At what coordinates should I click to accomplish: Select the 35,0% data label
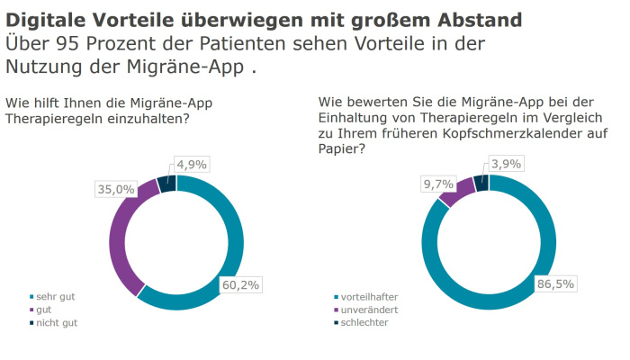(x=115, y=189)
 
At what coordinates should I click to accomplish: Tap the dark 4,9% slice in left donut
(x=166, y=184)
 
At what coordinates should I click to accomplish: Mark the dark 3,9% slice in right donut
(x=481, y=184)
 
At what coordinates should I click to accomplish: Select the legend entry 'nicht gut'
(x=57, y=321)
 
